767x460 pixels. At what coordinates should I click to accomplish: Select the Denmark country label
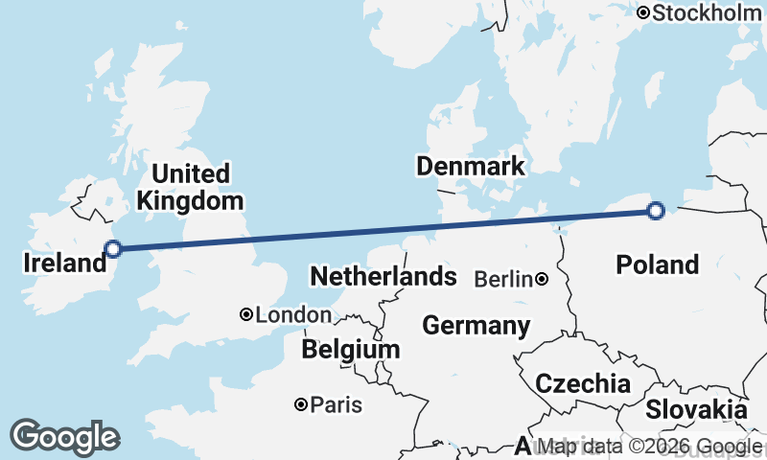point(471,166)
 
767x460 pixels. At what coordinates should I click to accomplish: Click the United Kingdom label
point(191,188)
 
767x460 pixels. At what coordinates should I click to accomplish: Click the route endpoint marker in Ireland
point(113,249)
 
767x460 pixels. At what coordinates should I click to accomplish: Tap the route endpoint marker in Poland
point(656,211)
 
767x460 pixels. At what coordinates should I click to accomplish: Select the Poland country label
point(658,264)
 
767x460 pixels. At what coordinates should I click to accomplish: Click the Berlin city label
point(503,280)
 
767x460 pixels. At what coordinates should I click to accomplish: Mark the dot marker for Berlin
point(542,280)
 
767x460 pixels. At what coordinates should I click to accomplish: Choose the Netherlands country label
point(383,278)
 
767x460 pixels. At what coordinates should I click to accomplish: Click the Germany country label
point(476,326)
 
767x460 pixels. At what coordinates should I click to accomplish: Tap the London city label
point(293,315)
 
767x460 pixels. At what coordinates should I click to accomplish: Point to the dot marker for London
point(246,314)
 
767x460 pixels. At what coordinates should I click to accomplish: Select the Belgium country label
point(350,350)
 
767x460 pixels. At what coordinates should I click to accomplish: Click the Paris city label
point(337,405)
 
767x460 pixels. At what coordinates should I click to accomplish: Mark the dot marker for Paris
point(302,405)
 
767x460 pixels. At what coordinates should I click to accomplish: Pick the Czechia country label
point(583,384)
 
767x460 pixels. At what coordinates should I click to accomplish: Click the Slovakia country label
point(696,410)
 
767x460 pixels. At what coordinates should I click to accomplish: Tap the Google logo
point(64,437)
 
